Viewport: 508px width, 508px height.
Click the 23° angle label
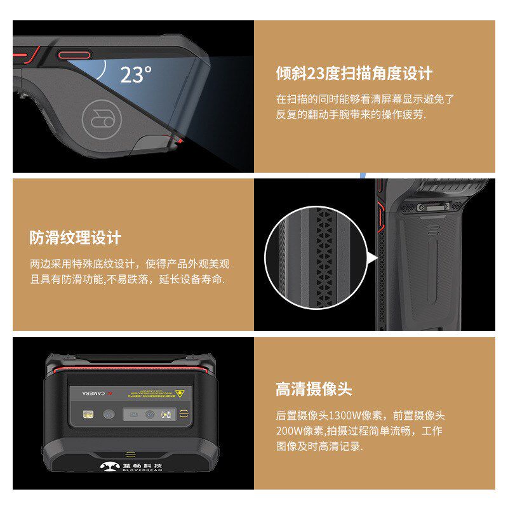tap(135, 74)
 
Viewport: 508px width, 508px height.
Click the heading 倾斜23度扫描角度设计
tap(354, 73)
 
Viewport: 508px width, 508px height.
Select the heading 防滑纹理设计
tap(75, 238)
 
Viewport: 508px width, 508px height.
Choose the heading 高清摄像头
tap(313, 389)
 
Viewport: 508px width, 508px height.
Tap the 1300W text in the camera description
tap(345, 416)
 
